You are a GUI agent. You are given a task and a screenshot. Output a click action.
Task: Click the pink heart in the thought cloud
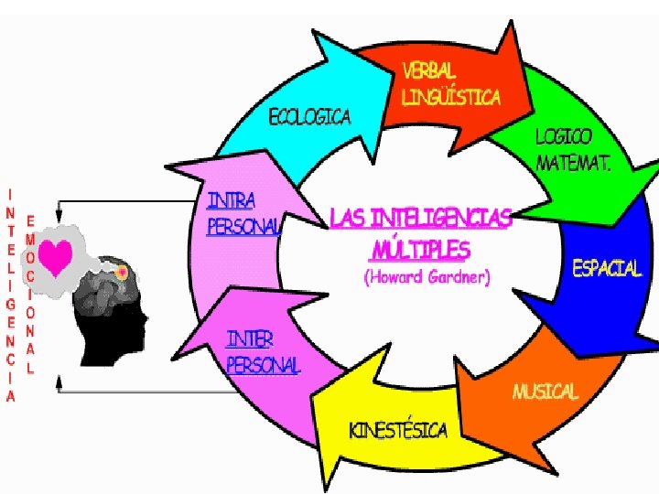point(57,258)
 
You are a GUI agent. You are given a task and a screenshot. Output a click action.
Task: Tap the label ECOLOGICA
point(308,117)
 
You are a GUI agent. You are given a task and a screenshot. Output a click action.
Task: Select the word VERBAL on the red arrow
point(429,70)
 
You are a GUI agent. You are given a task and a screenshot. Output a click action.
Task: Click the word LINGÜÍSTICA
point(451,96)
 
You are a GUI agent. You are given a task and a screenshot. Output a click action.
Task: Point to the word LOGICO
point(564,136)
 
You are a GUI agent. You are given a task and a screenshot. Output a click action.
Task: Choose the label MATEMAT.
point(574,163)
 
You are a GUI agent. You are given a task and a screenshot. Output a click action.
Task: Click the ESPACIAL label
point(607,268)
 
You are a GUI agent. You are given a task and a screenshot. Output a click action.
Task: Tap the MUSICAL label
point(546,392)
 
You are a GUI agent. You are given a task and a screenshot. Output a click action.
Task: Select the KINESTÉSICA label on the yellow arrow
point(398,430)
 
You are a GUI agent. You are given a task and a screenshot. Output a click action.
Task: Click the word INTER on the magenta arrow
point(250,339)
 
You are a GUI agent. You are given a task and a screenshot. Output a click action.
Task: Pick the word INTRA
point(232,199)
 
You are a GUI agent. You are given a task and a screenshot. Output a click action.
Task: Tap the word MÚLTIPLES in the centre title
point(421,249)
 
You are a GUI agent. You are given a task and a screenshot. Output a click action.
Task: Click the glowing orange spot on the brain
point(121,272)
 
